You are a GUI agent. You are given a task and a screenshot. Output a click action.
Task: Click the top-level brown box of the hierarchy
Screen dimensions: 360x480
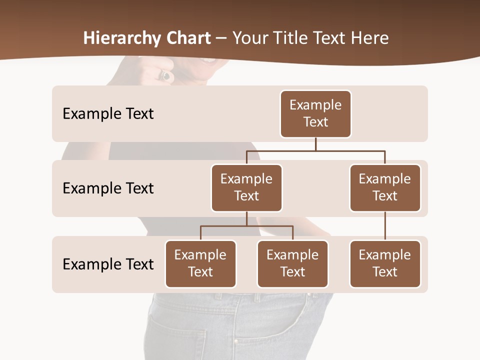[315, 113]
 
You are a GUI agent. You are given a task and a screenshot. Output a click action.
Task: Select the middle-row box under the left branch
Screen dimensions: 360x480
[246, 187]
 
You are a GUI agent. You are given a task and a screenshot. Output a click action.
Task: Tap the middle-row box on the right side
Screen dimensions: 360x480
[385, 187]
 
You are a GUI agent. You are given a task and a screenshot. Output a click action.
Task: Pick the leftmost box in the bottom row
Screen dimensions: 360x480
[200, 263]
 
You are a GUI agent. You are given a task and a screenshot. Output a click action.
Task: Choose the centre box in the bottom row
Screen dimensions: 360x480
[292, 263]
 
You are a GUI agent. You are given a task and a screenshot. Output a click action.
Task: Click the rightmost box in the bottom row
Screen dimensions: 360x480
[385, 263]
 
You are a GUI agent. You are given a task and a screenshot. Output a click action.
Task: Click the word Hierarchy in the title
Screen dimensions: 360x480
[122, 38]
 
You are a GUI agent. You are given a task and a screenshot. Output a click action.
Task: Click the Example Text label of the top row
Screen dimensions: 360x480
[108, 114]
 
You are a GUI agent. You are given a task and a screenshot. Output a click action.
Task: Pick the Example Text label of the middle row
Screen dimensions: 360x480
[108, 188]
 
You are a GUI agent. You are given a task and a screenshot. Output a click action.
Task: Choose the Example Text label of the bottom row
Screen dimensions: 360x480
[108, 264]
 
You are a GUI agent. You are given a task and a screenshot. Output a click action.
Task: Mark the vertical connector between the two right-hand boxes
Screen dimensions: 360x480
[385, 226]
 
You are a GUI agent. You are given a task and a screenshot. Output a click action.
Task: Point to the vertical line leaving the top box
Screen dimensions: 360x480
[315, 144]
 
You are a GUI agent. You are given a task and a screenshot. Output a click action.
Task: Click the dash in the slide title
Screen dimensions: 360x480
[221, 38]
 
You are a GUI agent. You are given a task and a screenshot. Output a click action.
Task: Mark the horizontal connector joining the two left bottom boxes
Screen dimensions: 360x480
[246, 226]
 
